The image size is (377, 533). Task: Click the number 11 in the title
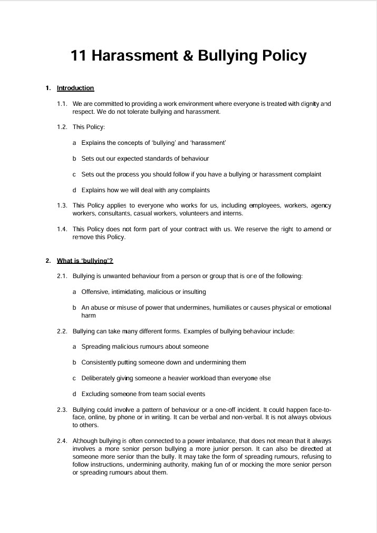79,56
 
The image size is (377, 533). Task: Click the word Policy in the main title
282,56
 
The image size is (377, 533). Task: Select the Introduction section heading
75,88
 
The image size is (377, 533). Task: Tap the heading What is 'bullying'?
85,261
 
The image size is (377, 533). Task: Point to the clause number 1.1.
63,104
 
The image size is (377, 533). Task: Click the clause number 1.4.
63,229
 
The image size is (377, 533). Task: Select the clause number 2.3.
63,410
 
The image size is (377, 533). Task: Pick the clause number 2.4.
63,441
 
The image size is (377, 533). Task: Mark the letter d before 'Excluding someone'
75,394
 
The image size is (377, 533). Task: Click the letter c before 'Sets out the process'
75,174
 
